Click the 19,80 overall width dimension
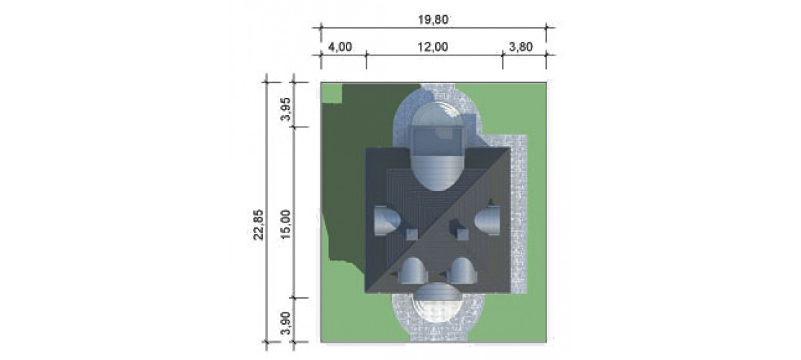pos(433,20)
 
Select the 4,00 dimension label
pos(340,47)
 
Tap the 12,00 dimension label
pos(433,47)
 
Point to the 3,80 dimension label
pos(521,47)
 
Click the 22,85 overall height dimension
pos(259,224)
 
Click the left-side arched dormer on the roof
pos(388,220)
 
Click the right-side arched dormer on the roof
pos(487,220)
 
